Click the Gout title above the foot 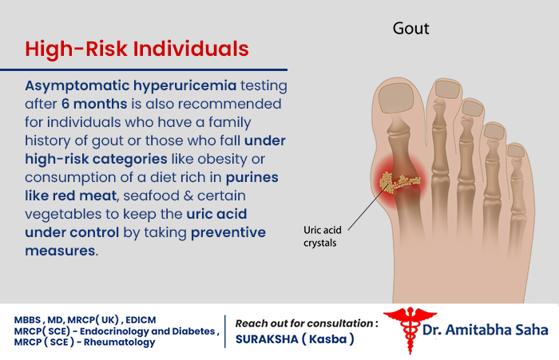pyautogui.click(x=411, y=29)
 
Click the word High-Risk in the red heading pyautogui.click(x=75, y=49)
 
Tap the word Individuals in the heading pyautogui.click(x=190, y=49)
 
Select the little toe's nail pyautogui.click(x=519, y=148)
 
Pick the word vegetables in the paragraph pyautogui.click(x=61, y=214)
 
